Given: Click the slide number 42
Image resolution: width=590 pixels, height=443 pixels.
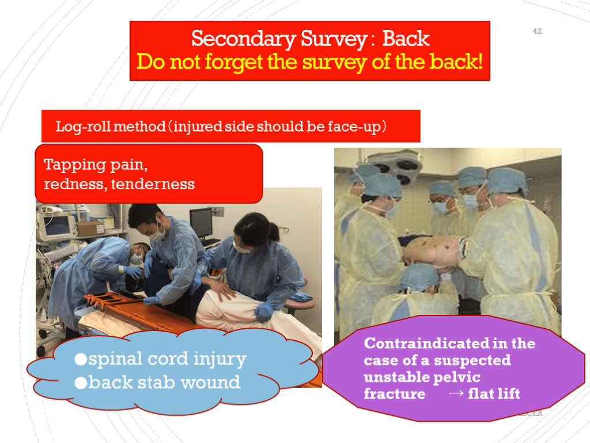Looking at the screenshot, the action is [537, 31].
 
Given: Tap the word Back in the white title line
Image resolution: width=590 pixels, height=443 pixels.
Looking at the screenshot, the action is [406, 38].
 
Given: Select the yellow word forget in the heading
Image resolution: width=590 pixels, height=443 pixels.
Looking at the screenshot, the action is [233, 62].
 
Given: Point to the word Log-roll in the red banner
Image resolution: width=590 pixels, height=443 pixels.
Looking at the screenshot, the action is [83, 127].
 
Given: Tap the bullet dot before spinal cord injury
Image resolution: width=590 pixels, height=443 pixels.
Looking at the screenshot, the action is [81, 359].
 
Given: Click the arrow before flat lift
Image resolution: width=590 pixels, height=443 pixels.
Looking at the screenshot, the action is [456, 393].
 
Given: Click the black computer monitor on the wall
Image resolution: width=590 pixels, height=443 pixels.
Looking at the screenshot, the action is [201, 223].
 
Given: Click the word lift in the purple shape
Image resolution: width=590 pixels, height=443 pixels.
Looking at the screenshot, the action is [509, 393].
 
